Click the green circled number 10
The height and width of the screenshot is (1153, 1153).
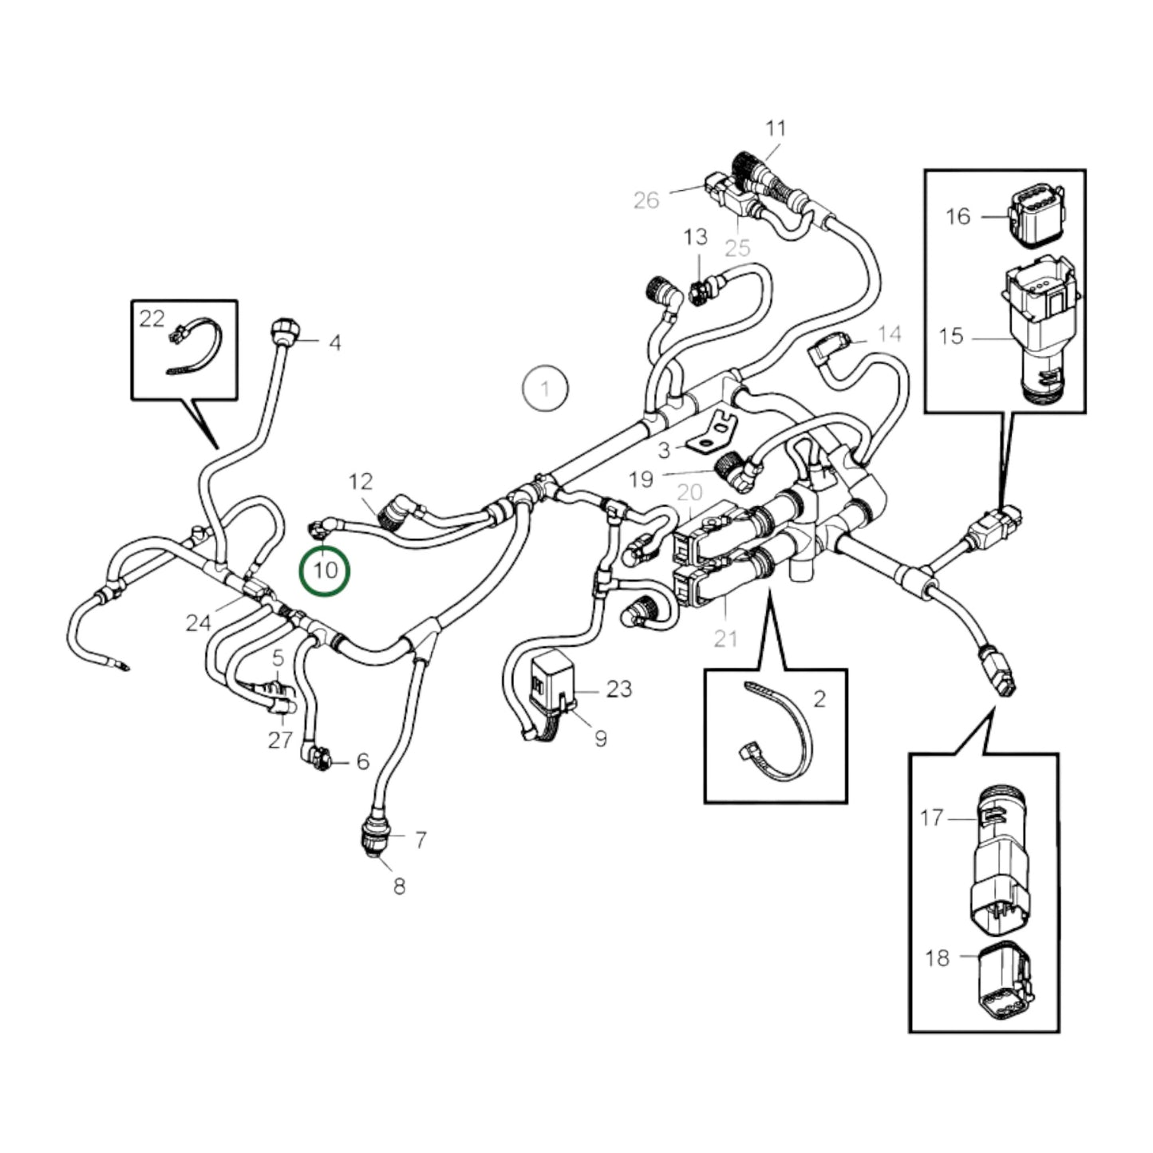point(324,571)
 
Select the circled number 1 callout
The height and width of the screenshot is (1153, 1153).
point(545,389)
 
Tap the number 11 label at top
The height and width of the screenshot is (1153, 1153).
point(775,128)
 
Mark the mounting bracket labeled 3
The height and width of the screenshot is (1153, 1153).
point(713,430)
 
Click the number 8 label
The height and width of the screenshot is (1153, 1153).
point(399,886)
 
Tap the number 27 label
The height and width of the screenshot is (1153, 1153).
point(279,740)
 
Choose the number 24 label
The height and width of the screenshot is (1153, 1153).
point(198,622)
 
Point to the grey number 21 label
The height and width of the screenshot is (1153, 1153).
point(725,638)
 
